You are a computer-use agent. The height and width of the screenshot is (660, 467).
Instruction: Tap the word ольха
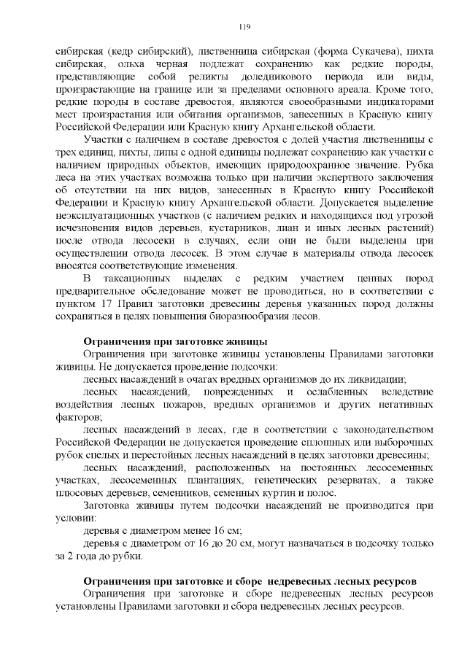(x=125, y=66)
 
